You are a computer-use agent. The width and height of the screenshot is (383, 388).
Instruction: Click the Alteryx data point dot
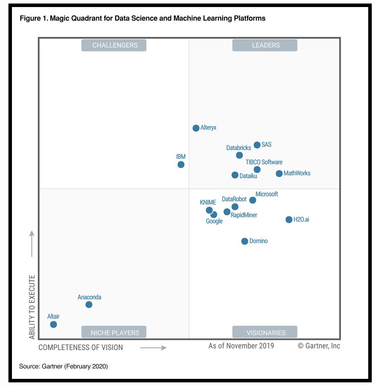(x=196, y=128)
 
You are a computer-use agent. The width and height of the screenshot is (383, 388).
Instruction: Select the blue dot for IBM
(x=181, y=164)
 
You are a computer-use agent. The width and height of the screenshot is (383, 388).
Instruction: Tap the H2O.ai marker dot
(x=289, y=220)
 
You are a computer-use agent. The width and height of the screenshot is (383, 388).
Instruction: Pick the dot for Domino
(x=245, y=241)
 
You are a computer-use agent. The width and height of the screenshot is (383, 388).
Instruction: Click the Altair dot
(x=53, y=324)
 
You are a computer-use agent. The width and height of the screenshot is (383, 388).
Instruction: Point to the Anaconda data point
(x=89, y=304)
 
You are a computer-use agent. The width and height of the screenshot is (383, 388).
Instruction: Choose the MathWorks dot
(x=279, y=173)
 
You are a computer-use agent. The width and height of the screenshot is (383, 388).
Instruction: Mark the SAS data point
(x=257, y=145)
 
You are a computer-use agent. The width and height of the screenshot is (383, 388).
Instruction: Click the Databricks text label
(x=239, y=148)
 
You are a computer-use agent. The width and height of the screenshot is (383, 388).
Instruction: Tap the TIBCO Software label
(x=264, y=162)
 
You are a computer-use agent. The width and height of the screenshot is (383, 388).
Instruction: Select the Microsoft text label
(x=267, y=194)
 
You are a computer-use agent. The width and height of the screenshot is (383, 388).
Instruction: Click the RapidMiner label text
(x=244, y=215)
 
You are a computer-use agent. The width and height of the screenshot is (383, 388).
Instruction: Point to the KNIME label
(x=208, y=202)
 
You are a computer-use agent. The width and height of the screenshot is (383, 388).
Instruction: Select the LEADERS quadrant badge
(x=265, y=45)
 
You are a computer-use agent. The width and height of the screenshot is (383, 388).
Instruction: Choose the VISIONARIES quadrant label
(x=265, y=332)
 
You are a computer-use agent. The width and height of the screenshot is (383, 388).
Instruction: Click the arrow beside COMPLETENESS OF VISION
(x=153, y=348)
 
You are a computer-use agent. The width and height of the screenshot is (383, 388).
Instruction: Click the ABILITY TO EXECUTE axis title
(x=32, y=307)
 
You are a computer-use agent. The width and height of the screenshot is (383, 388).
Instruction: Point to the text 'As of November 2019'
(x=241, y=346)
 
